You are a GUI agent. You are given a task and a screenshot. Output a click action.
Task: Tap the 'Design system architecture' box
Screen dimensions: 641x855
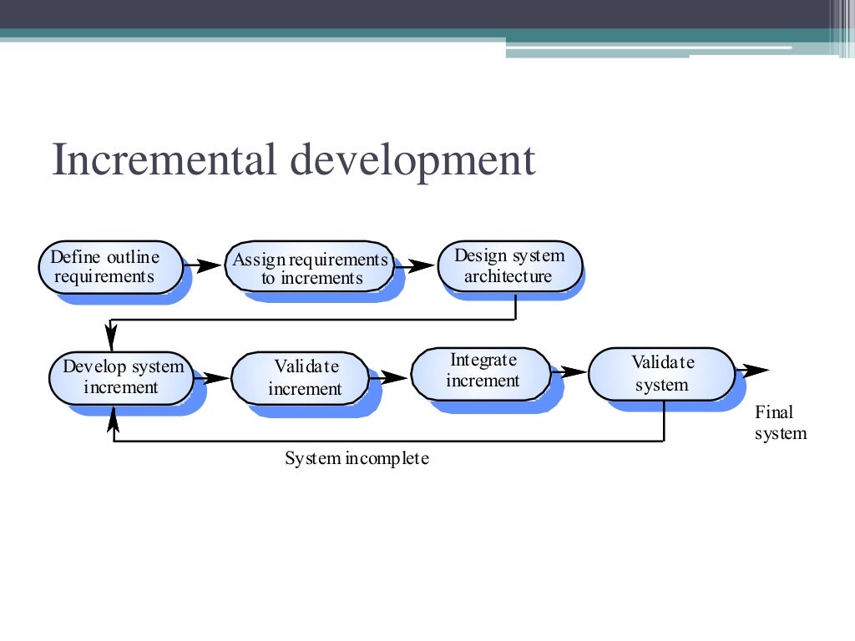[x=509, y=266]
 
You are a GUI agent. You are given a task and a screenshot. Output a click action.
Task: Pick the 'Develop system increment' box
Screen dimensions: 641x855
[x=121, y=377]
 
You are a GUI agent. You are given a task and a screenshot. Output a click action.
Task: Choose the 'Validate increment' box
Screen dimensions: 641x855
[x=300, y=378]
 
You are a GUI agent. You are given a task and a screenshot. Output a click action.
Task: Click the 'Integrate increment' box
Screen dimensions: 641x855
[x=482, y=371]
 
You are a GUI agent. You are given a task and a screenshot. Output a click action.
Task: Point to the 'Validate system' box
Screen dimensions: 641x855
[x=661, y=374]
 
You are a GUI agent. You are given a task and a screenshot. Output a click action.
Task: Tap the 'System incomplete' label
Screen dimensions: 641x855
[x=357, y=458]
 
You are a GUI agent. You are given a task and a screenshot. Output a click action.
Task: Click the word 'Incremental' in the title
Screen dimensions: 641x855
[x=164, y=160]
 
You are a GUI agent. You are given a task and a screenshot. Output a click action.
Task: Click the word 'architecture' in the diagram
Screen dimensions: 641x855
[x=508, y=276]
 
